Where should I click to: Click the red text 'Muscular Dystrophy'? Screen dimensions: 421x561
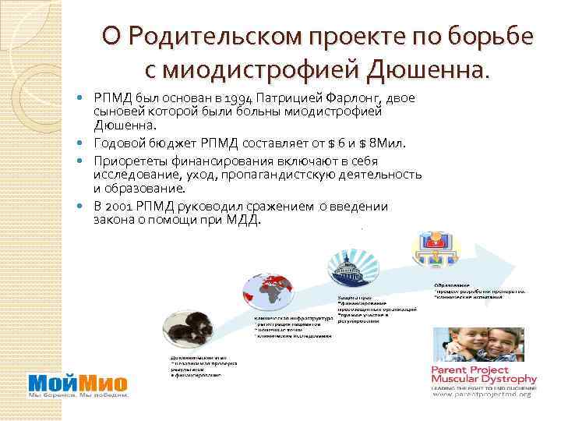pos(481,380)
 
